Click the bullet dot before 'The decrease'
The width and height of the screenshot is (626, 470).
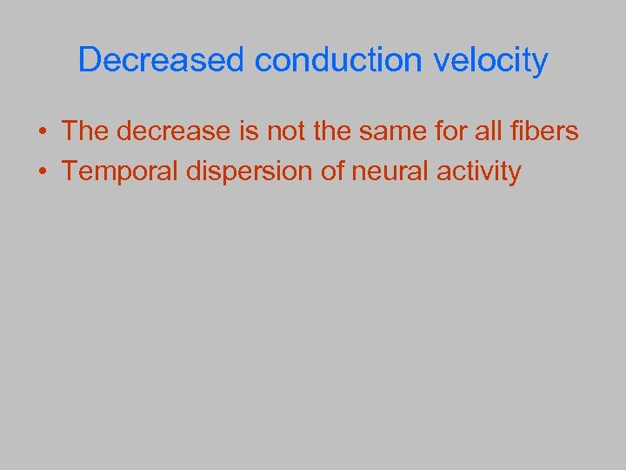(x=42, y=132)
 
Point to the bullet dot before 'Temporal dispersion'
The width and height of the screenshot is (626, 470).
(x=42, y=172)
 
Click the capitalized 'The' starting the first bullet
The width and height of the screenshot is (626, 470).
(x=84, y=131)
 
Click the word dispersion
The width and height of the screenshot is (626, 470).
(x=248, y=171)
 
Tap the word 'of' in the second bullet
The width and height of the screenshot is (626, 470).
(x=333, y=171)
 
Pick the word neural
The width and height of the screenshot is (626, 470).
(x=391, y=171)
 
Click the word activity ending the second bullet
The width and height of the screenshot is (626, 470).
(x=479, y=171)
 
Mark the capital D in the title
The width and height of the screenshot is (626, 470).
(x=90, y=60)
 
